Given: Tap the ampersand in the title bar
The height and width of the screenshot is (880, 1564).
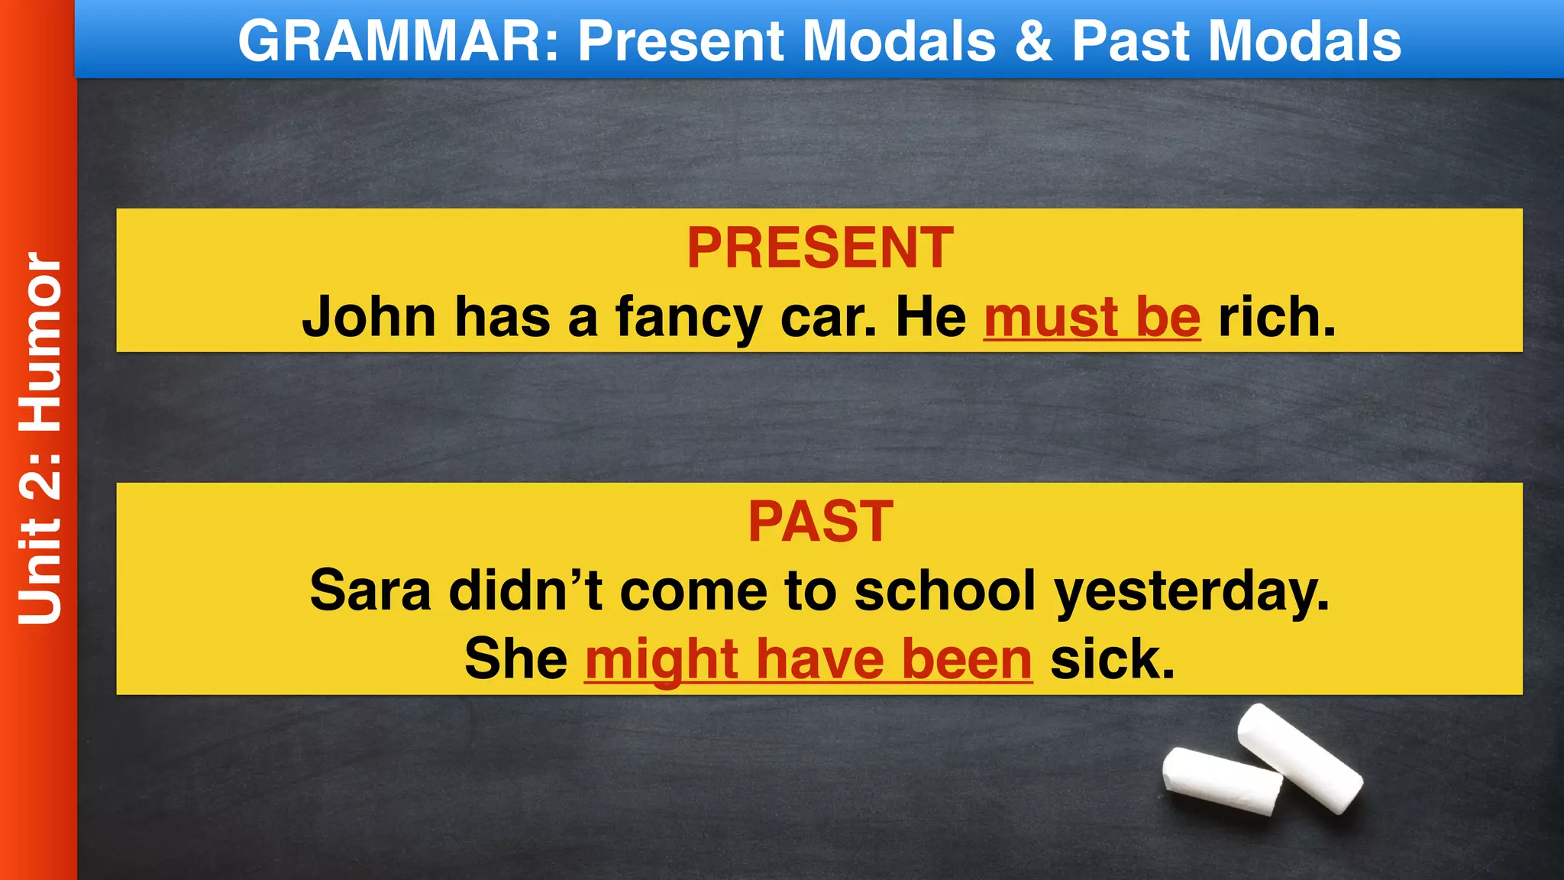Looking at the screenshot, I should (x=1033, y=40).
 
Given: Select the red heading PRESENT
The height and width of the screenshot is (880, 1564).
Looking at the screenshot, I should (x=819, y=247).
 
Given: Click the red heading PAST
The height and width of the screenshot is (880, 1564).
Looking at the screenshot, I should (x=820, y=522).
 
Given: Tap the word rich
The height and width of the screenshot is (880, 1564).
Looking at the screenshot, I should (x=1277, y=316).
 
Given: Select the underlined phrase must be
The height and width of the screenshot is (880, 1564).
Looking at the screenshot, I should (x=1092, y=316).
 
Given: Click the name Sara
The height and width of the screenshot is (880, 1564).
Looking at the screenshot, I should (x=370, y=590).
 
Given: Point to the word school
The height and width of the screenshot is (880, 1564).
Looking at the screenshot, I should (x=945, y=590).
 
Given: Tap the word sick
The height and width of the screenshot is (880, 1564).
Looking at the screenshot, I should (x=1112, y=658).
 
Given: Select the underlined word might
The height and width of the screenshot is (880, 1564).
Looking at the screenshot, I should (x=661, y=660).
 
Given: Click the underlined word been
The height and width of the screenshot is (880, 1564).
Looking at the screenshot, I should (x=967, y=658).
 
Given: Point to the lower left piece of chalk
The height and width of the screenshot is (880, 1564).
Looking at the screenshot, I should (x=1222, y=781).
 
